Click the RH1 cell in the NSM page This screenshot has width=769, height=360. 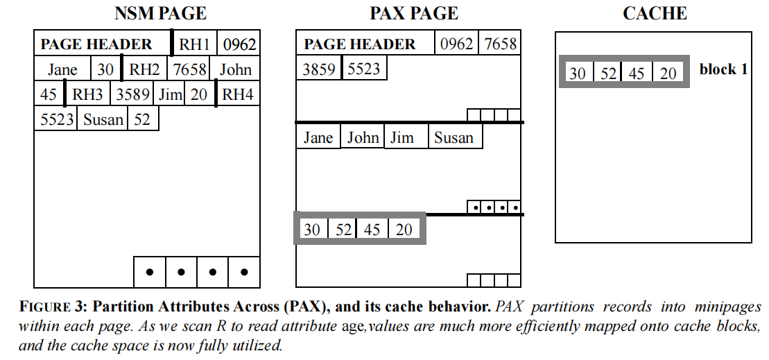[x=195, y=44]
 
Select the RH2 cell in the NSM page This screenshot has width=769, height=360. [x=144, y=69]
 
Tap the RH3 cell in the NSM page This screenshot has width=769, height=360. [x=87, y=94]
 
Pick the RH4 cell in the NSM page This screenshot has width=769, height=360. [x=238, y=94]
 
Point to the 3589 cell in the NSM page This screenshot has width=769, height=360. [x=132, y=94]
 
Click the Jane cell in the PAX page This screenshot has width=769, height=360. [x=318, y=137]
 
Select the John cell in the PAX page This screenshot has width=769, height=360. [x=363, y=137]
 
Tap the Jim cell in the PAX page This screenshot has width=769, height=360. [x=402, y=137]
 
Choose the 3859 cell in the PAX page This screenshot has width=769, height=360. [x=319, y=69]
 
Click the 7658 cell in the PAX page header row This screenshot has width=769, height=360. [x=501, y=44]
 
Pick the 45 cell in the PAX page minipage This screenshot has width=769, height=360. [x=372, y=229]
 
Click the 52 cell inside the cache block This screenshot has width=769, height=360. [x=608, y=73]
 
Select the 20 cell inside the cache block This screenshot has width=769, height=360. [x=668, y=73]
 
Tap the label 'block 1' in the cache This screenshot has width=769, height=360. [x=723, y=69]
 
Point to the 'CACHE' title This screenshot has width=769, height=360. [x=655, y=13]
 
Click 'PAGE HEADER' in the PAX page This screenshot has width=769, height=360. [x=360, y=44]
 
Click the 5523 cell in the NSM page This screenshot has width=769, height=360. [x=57, y=119]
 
